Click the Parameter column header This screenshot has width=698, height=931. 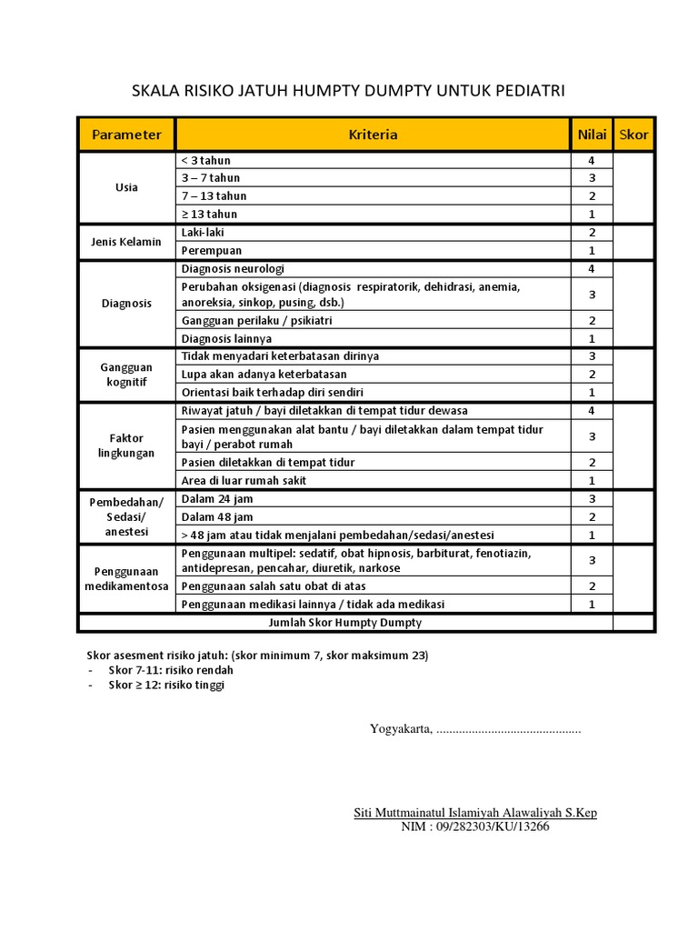coord(126,135)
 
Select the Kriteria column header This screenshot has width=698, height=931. coord(373,135)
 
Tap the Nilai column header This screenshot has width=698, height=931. coord(592,135)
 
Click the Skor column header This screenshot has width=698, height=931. coord(633,135)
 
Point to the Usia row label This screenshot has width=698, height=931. coord(126,187)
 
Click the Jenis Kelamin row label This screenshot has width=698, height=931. coord(126,242)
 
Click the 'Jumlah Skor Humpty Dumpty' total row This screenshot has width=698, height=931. coord(345,623)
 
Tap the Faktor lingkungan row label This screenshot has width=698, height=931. coord(126,445)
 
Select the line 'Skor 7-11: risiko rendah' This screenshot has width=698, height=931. coord(171,670)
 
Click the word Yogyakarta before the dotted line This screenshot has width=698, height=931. coord(400,729)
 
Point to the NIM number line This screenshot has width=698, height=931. coord(474,827)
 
